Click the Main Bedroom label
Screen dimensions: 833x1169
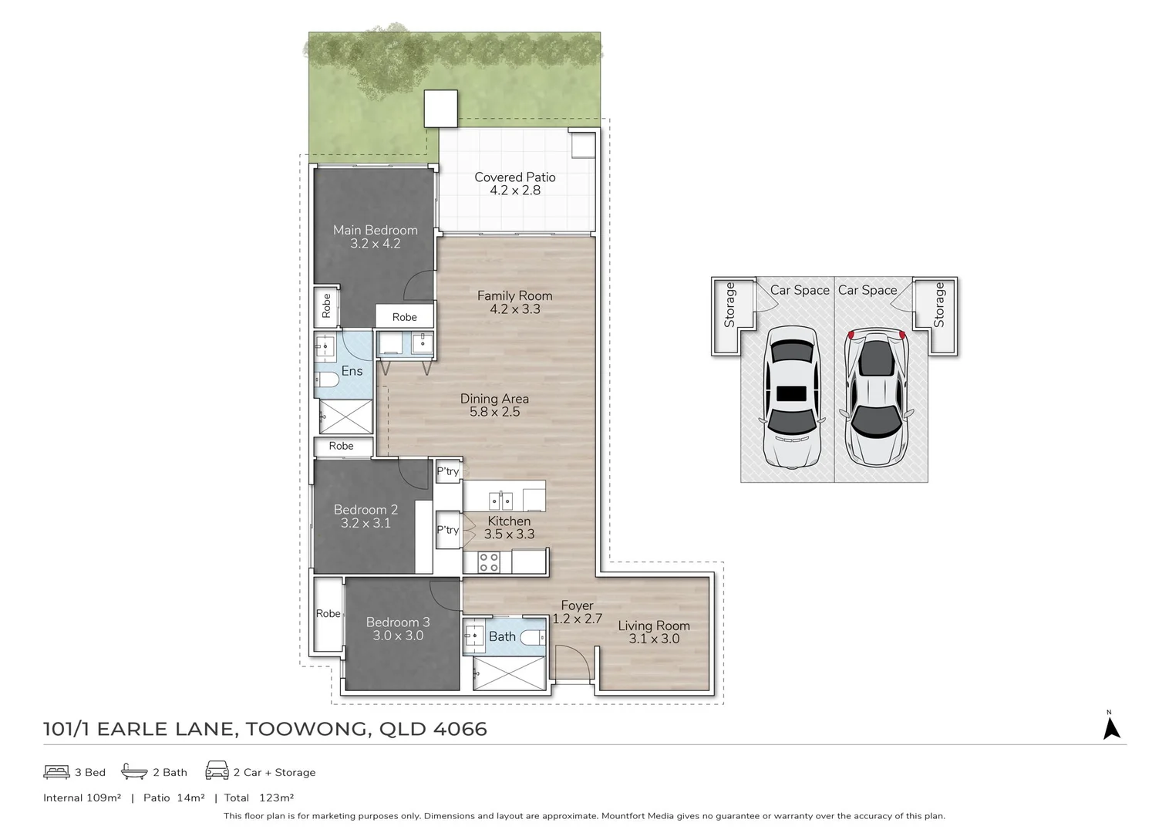pyautogui.click(x=375, y=230)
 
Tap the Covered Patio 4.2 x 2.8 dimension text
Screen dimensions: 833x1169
pyautogui.click(x=514, y=191)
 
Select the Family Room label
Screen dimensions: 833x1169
pyautogui.click(x=514, y=295)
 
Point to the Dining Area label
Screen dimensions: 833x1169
pyautogui.click(x=494, y=399)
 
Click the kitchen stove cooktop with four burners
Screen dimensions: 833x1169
pyautogui.click(x=489, y=562)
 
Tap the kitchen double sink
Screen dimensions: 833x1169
pyautogui.click(x=501, y=501)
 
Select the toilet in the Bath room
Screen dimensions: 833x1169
pyautogui.click(x=532, y=637)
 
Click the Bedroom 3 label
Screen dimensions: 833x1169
pyautogui.click(x=398, y=622)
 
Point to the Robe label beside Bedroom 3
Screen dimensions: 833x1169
pyautogui.click(x=328, y=614)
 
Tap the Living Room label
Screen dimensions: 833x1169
pyautogui.click(x=653, y=626)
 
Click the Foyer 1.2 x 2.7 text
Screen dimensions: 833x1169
pyautogui.click(x=577, y=612)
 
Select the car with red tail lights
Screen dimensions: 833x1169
pyautogui.click(x=875, y=399)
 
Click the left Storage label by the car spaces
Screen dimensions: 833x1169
pyautogui.click(x=729, y=305)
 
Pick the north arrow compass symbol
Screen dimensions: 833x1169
pyautogui.click(x=1111, y=727)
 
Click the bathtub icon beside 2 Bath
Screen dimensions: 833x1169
pyautogui.click(x=134, y=771)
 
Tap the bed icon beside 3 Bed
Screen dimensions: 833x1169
pyautogui.click(x=56, y=771)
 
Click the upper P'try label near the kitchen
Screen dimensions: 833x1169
pyautogui.click(x=447, y=471)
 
